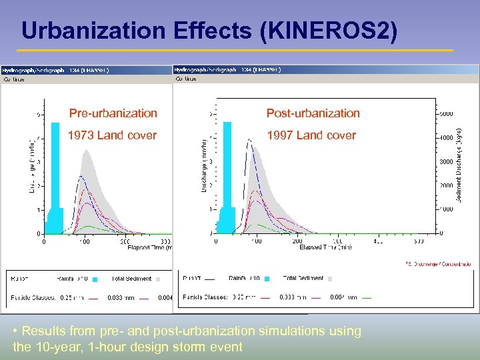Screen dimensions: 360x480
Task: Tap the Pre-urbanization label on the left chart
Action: tap(113, 113)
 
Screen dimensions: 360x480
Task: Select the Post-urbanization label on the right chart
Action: tap(313, 113)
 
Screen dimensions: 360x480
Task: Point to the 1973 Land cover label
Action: tap(112, 135)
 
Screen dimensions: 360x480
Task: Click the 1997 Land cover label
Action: tap(311, 135)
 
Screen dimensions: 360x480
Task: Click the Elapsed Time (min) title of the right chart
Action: tap(325, 247)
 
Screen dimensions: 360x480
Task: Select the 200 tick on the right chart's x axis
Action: tap(297, 241)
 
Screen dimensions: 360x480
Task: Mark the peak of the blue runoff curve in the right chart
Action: tap(249, 139)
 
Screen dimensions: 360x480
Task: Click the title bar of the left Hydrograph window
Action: tap(87, 69)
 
